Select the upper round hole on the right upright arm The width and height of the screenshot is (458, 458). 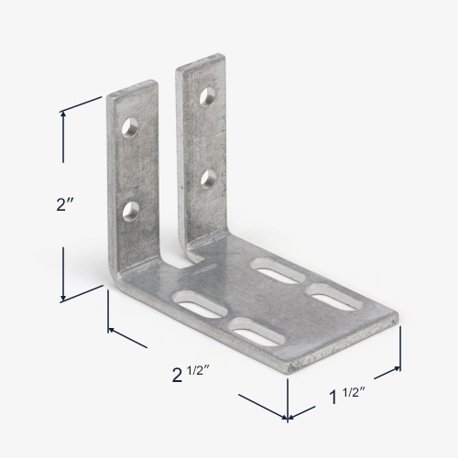208,96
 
